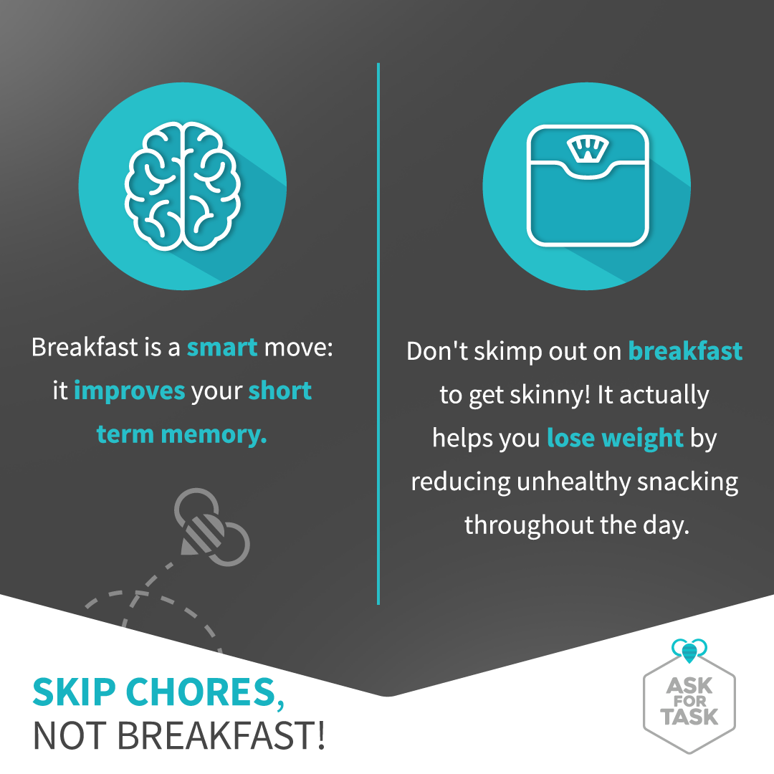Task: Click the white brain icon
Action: click(x=183, y=186)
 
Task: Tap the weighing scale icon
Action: click(x=588, y=186)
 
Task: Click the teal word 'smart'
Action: click(x=222, y=347)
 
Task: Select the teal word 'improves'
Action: click(x=129, y=391)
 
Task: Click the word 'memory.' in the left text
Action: click(x=214, y=436)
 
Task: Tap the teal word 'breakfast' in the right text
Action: click(x=685, y=351)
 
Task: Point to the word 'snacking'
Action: click(x=687, y=482)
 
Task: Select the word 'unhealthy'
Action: click(x=573, y=482)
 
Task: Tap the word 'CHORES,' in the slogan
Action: click(x=208, y=692)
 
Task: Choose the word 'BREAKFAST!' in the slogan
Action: click(x=221, y=736)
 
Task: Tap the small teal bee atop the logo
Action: click(x=689, y=650)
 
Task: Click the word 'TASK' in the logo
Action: click(x=689, y=717)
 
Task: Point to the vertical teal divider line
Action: click(x=378, y=334)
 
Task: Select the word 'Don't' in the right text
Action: click(x=437, y=351)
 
